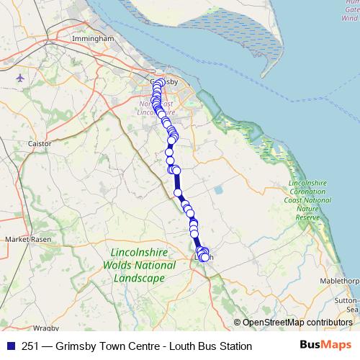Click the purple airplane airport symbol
19,76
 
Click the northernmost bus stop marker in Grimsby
156,81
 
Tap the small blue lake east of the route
217,189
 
